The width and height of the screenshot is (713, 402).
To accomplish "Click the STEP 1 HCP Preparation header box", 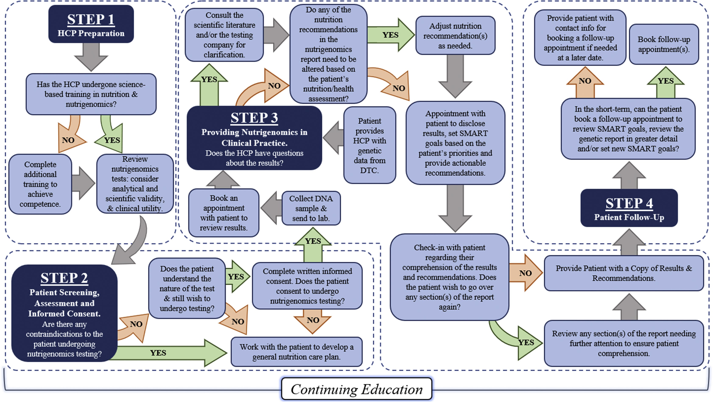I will pos(91,24).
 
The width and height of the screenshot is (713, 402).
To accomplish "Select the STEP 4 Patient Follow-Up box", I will pos(629,208).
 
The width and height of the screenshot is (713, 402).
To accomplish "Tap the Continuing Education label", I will pos(356,389).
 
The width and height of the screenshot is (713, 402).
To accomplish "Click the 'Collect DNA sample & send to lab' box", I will pos(311,208).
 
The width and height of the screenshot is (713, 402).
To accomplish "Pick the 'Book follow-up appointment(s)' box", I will pos(664,44).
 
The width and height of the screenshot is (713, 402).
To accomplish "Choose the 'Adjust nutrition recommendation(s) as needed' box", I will pos(455,35).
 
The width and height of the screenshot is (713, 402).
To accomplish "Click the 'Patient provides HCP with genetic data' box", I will pos(369,145).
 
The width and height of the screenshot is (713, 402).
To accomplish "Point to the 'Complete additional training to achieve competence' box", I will pos(40,184).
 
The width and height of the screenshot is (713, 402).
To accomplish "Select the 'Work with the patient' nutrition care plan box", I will pos(296,352).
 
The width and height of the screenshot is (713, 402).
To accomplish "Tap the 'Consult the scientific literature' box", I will pos(224,35).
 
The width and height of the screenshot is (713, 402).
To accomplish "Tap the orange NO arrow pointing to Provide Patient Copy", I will pos(525,273).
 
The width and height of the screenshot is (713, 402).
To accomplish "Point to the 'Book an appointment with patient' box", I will pos(224,213).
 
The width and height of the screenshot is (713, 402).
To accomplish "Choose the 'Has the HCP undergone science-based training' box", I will pos(91,94).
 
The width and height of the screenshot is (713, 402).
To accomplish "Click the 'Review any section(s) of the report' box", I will pos(624,343).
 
